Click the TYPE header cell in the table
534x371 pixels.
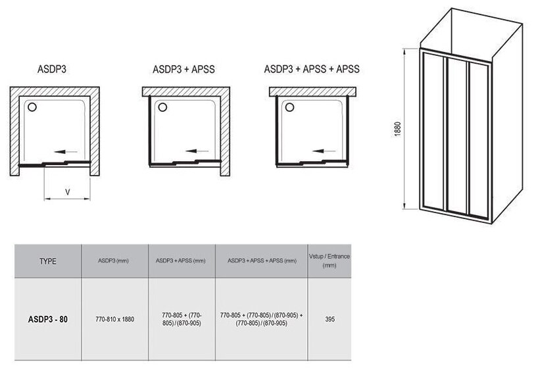[x=49, y=260]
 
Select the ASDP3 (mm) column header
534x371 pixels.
[x=114, y=261]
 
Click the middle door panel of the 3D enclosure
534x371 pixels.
[x=455, y=132]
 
